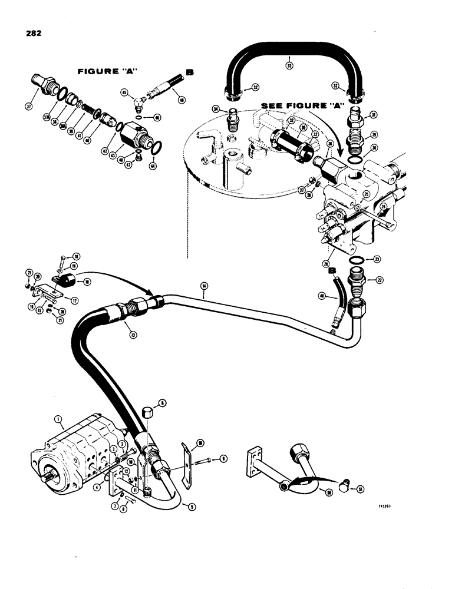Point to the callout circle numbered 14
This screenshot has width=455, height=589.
coord(204,287)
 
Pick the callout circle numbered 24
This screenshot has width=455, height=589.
coord(383,206)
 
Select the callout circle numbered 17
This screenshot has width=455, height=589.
coord(74,299)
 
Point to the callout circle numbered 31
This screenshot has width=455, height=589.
coord(372,115)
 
